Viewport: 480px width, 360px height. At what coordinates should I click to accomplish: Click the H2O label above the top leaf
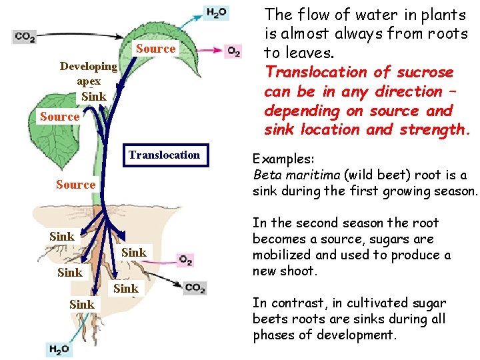217,13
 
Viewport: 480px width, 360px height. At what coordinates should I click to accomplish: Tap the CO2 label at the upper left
24,38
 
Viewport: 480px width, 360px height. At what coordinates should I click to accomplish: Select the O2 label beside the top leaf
233,51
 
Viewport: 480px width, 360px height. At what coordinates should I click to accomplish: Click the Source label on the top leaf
156,48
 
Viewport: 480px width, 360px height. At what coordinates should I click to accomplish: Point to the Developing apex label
89,73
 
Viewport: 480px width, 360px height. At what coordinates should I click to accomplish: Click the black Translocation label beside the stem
164,155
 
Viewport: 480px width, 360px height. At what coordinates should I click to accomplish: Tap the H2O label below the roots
59,349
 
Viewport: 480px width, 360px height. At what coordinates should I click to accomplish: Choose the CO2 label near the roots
194,288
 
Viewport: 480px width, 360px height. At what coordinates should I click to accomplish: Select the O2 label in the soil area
185,259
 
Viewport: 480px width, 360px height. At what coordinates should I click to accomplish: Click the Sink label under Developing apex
93,97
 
